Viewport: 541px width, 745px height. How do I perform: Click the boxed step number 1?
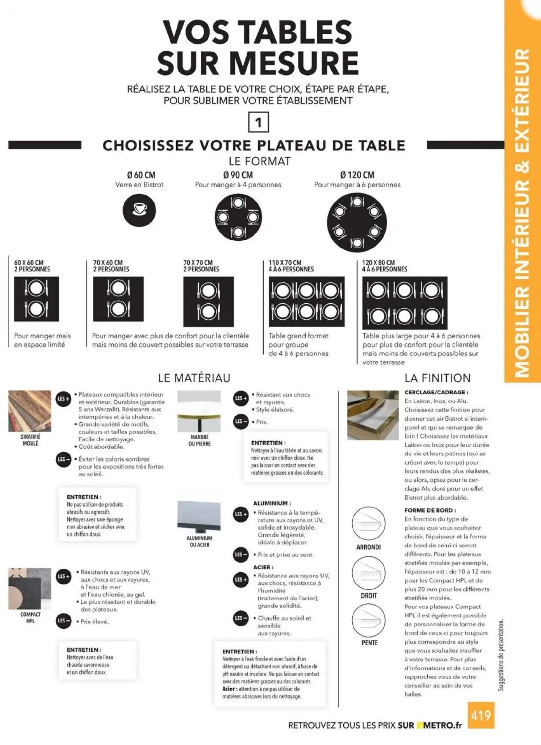(258, 122)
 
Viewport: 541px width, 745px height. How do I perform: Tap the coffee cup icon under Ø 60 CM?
(139, 210)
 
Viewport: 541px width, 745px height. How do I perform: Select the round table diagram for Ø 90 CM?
(238, 218)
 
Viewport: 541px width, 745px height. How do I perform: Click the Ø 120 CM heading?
(357, 175)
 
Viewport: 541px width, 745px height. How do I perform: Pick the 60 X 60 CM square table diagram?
(36, 299)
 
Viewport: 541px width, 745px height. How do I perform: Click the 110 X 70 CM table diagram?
(306, 302)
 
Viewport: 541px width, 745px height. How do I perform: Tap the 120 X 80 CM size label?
(378, 263)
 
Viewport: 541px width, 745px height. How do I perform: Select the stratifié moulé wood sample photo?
(30, 411)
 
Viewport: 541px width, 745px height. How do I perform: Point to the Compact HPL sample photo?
(30, 588)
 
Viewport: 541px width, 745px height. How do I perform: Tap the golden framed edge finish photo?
(373, 415)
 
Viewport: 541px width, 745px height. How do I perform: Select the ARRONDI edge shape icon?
(369, 524)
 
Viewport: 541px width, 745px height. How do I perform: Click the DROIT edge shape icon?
(369, 573)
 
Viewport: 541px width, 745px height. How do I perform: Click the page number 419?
(481, 715)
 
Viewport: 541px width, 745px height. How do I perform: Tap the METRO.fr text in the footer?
(442, 726)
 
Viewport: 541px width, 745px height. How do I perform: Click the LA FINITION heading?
(437, 378)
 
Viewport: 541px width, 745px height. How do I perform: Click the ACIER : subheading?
(263, 567)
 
